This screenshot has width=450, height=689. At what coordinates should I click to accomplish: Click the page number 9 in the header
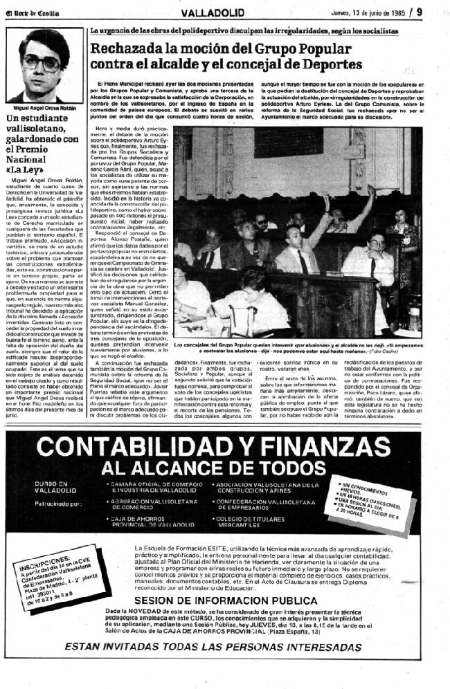click(x=438, y=10)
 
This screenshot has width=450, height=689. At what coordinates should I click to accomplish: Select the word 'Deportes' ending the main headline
click(x=329, y=64)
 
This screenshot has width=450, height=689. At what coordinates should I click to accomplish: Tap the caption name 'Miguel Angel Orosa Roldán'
click(x=46, y=108)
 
